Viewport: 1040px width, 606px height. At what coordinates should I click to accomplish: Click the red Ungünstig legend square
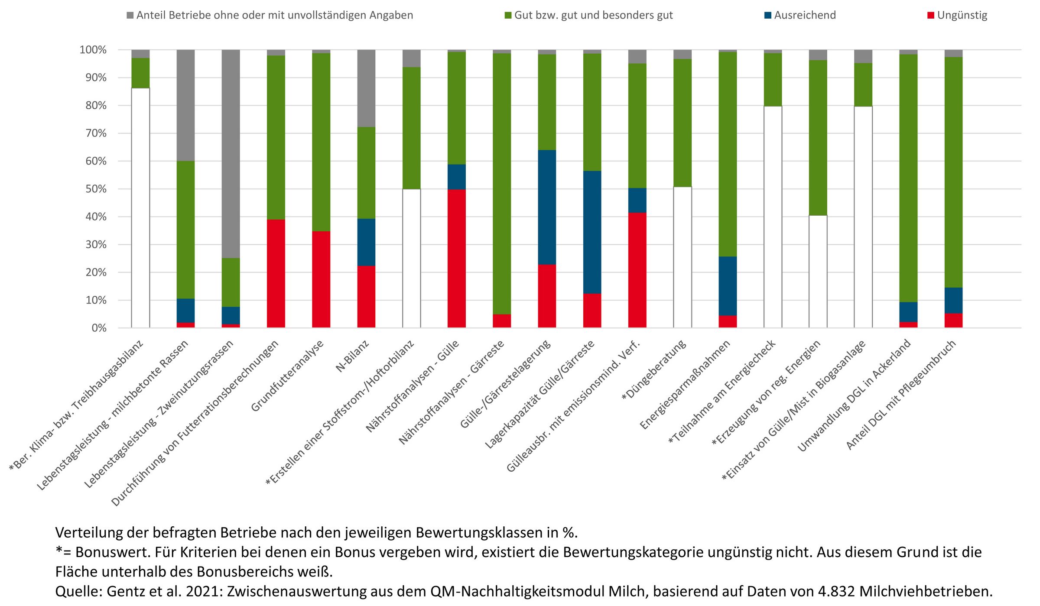point(931,16)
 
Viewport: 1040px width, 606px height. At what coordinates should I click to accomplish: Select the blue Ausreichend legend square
point(768,16)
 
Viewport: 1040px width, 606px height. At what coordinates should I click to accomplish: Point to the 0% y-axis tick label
point(99,328)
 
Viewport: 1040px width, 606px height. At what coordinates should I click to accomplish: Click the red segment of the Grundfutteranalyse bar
point(321,279)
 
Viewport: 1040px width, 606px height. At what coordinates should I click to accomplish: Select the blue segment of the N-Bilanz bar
point(366,242)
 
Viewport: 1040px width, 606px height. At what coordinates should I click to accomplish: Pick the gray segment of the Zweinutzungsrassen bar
point(231,154)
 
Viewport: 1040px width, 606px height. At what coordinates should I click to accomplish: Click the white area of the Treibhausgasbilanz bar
point(140,208)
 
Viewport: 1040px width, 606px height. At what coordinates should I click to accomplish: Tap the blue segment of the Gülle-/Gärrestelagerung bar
point(547,207)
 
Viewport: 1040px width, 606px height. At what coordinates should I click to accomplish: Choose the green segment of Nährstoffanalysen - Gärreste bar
point(502,184)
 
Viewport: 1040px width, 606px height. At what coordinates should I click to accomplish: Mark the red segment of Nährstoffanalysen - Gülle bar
point(457,259)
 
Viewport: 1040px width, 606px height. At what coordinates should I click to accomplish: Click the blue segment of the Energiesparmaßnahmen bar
point(728,286)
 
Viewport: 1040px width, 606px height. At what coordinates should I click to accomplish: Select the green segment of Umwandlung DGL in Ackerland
point(908,178)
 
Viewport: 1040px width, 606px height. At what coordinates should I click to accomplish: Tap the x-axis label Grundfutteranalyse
point(287,376)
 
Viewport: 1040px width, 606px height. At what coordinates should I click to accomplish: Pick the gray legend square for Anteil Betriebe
point(130,16)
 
